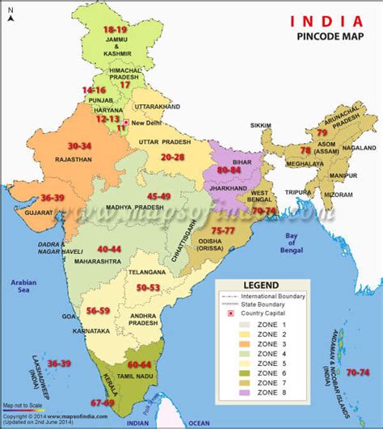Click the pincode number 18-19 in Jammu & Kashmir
click(115, 29)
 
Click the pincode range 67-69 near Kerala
click(103, 402)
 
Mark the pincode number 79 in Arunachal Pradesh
click(322, 132)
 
